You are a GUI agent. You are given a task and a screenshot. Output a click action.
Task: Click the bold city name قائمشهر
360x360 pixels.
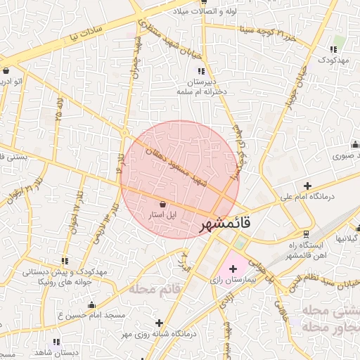(224, 224)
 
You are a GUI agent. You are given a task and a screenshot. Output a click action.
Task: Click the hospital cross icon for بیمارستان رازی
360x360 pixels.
(233, 269)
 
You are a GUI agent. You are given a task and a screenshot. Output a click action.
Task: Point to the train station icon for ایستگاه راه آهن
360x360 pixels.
(305, 233)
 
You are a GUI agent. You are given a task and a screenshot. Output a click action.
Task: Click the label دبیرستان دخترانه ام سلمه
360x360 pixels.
(200, 86)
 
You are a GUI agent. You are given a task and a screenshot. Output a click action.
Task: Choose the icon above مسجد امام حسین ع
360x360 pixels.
(91, 304)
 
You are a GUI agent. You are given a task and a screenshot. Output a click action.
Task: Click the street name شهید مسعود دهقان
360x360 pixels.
(175, 164)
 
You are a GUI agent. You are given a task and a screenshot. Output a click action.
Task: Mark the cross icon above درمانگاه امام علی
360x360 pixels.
(307, 186)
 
